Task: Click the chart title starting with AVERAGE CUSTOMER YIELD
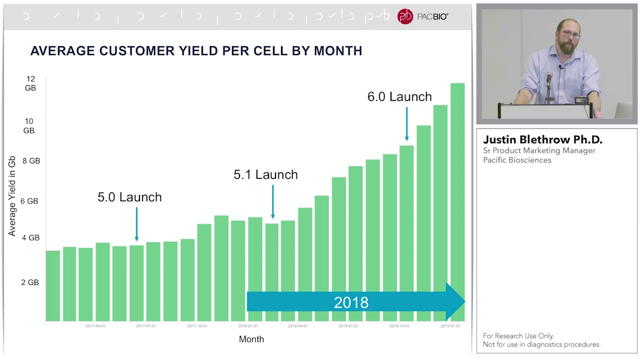pyautogui.click(x=196, y=51)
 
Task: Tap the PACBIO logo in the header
pyautogui.click(x=422, y=16)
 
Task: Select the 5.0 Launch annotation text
pyautogui.click(x=129, y=197)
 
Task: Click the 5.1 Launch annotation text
pyautogui.click(x=265, y=175)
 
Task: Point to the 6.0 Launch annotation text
pyautogui.click(x=399, y=97)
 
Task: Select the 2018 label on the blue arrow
pyautogui.click(x=351, y=302)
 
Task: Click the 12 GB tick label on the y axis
pyautogui.click(x=30, y=83)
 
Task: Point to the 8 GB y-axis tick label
pyautogui.click(x=30, y=161)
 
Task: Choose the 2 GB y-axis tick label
pyautogui.click(x=30, y=282)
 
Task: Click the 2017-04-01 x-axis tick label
pyautogui.click(x=95, y=326)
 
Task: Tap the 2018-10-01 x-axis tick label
pyautogui.click(x=399, y=326)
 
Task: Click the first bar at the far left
pyautogui.click(x=53, y=285)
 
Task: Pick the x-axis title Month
pyautogui.click(x=251, y=339)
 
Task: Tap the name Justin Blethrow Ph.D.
pyautogui.click(x=542, y=139)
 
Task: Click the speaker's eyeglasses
pyautogui.click(x=570, y=35)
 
